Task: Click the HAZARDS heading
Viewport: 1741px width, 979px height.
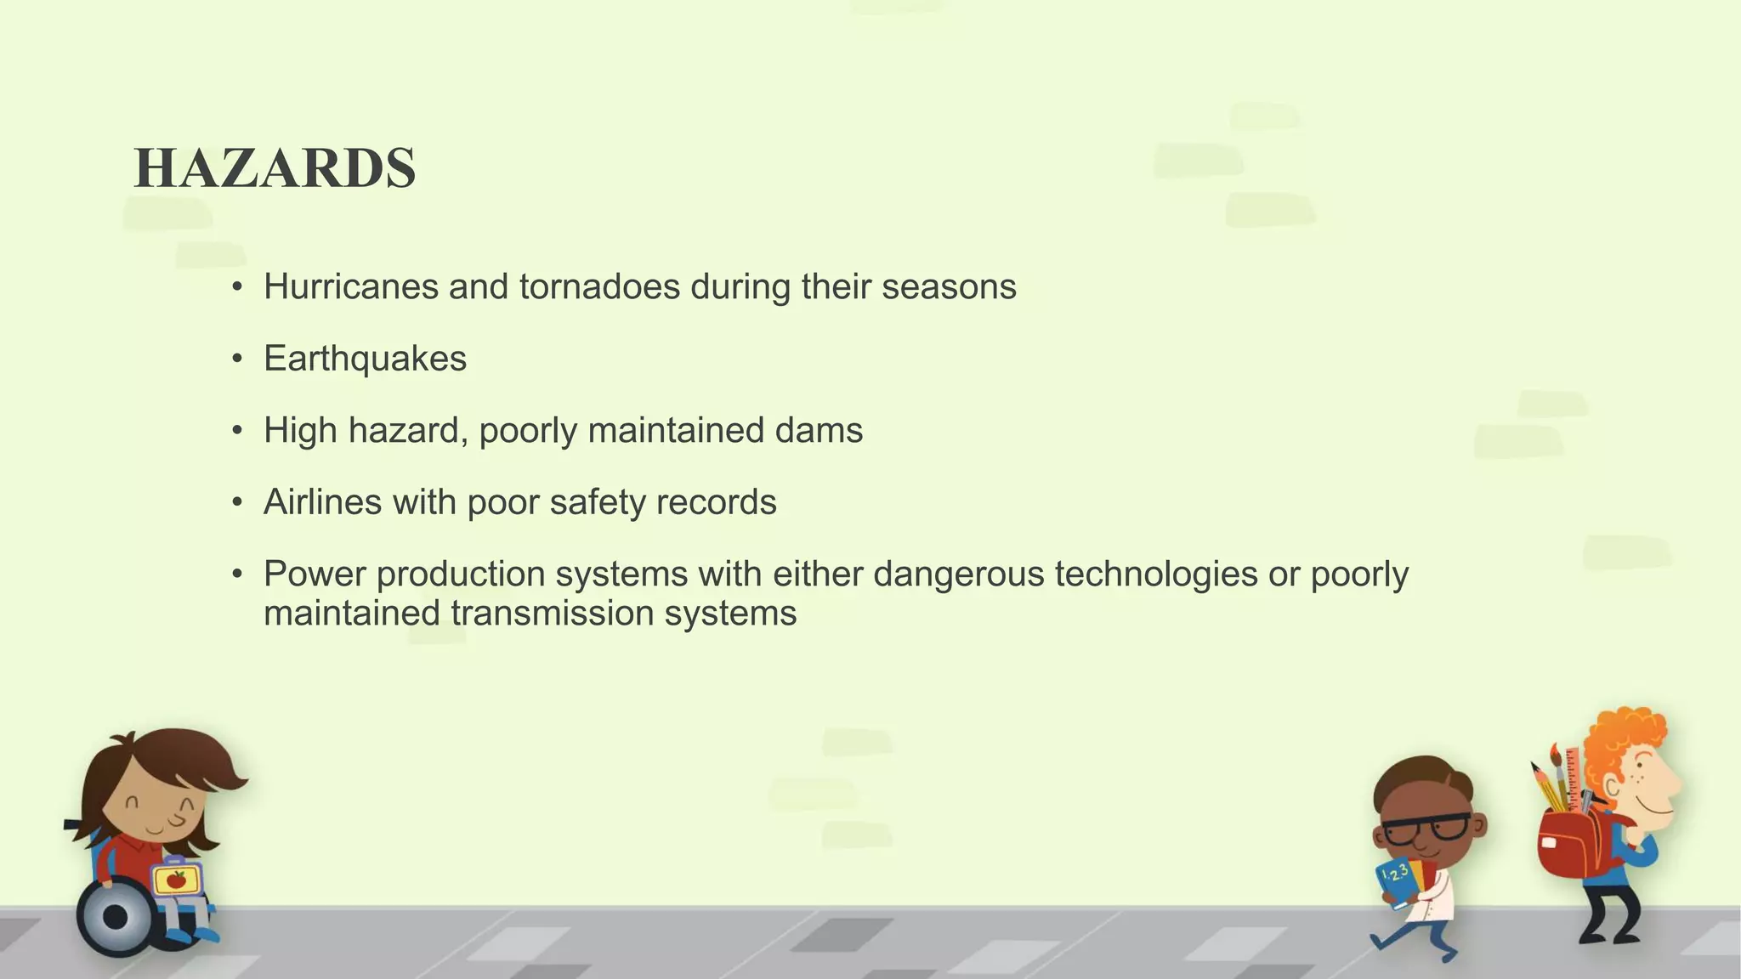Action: click(x=275, y=167)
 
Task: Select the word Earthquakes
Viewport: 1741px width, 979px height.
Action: click(x=365, y=359)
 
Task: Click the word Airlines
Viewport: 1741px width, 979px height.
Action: click(x=322, y=502)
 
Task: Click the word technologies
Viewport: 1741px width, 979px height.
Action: click(x=1155, y=574)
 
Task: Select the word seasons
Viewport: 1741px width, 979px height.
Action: click(x=949, y=286)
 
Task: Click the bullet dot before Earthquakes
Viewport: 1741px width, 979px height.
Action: click(x=238, y=359)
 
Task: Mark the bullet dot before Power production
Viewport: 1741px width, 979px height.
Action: click(x=238, y=574)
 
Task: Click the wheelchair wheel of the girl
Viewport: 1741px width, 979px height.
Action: click(x=116, y=918)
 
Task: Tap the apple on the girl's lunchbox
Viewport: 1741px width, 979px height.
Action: click(x=177, y=880)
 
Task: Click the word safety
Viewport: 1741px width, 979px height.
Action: click(x=598, y=502)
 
